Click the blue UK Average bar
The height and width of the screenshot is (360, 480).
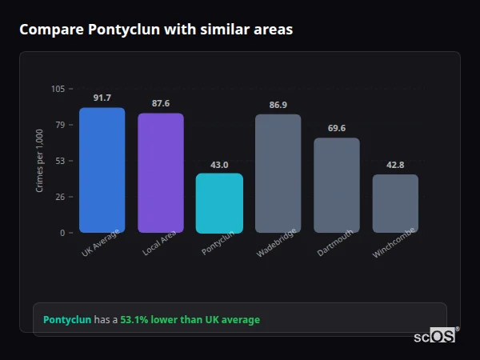pyautogui.click(x=102, y=170)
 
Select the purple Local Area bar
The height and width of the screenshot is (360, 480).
pyautogui.click(x=160, y=173)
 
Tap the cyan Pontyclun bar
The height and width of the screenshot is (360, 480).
pyautogui.click(x=219, y=203)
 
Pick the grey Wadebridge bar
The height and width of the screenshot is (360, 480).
pyautogui.click(x=278, y=174)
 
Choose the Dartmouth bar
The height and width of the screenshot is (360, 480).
pyautogui.click(x=336, y=185)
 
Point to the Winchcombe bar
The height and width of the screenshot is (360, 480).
pyautogui.click(x=395, y=203)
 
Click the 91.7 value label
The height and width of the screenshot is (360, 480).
pyautogui.click(x=102, y=98)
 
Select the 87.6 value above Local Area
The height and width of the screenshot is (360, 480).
pyautogui.click(x=160, y=103)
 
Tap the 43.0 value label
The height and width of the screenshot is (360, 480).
pyautogui.click(x=219, y=164)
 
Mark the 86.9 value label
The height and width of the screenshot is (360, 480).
pyautogui.click(x=278, y=105)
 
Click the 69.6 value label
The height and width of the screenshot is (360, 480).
pyautogui.click(x=336, y=128)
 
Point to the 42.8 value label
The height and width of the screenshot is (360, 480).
pyautogui.click(x=395, y=165)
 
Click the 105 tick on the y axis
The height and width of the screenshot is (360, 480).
pyautogui.click(x=58, y=89)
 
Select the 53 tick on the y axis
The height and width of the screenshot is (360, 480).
pyautogui.click(x=59, y=161)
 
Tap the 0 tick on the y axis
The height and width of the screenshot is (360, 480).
pyautogui.click(x=62, y=233)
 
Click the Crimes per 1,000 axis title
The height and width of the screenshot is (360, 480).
pyautogui.click(x=40, y=161)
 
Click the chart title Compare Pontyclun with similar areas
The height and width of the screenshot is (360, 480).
pyautogui.click(x=156, y=30)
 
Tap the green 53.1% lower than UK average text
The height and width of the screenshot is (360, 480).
pyautogui.click(x=190, y=320)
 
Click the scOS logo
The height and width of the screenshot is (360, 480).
pyautogui.click(x=435, y=336)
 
